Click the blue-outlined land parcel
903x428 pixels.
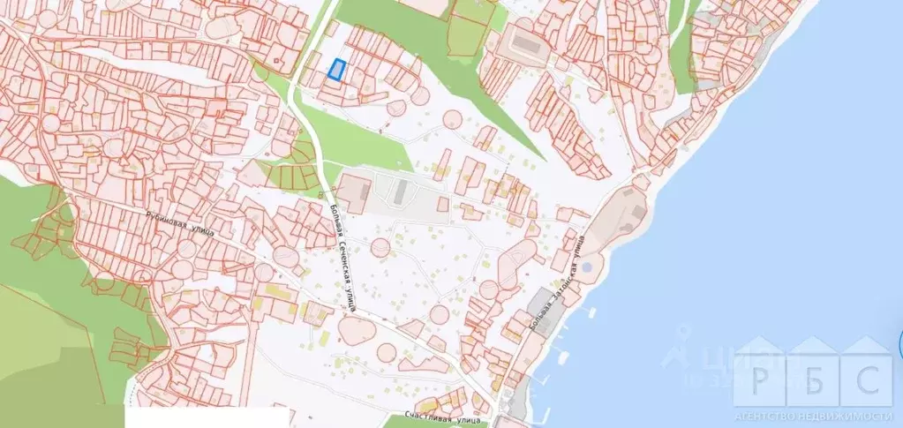[x=336, y=70]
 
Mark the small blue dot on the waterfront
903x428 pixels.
[x=587, y=266]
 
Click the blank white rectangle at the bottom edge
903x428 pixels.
[x=207, y=417]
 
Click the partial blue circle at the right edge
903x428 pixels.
[x=899, y=345]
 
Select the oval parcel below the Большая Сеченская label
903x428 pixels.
[x=355, y=331]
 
